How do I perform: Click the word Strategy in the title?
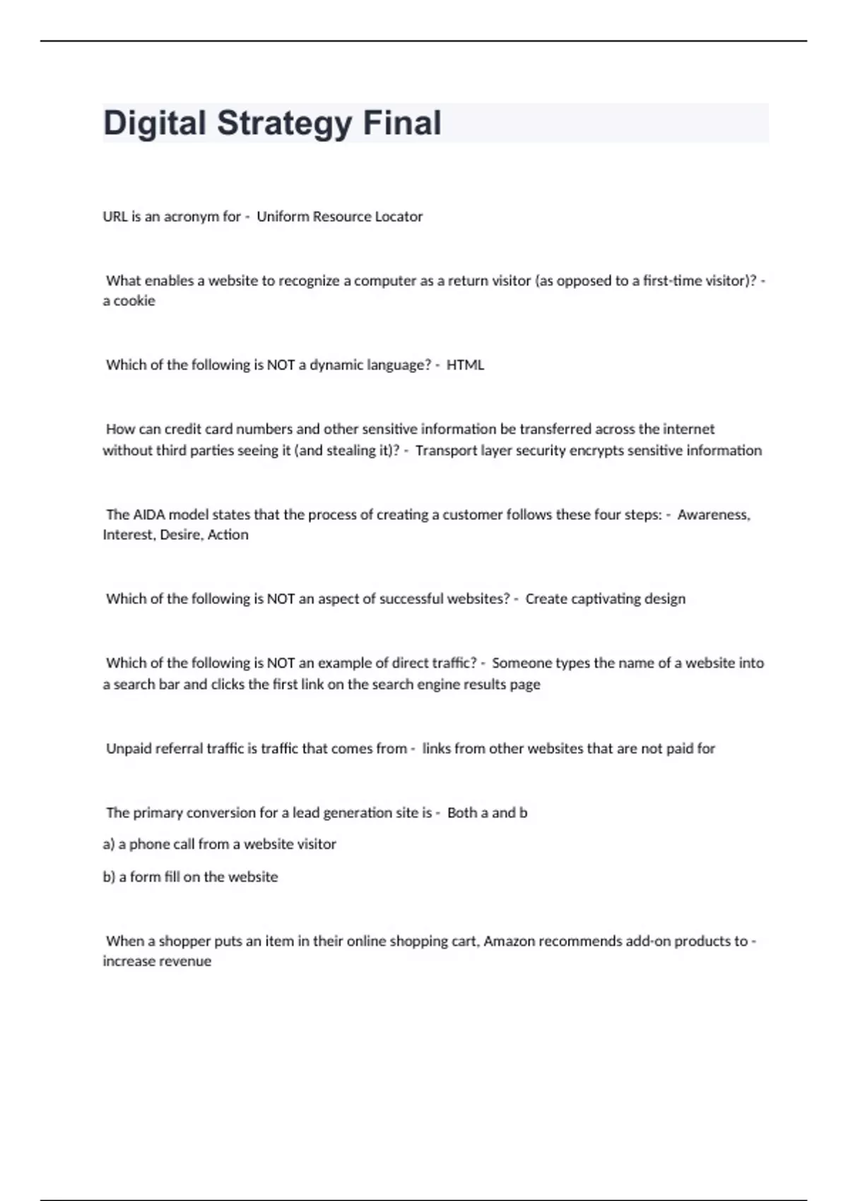click(283, 124)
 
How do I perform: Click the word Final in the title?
click(402, 123)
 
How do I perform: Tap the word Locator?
click(399, 217)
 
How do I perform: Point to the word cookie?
click(134, 301)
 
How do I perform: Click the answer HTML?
click(465, 365)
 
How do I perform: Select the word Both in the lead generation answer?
click(462, 813)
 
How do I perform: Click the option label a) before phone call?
click(109, 844)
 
